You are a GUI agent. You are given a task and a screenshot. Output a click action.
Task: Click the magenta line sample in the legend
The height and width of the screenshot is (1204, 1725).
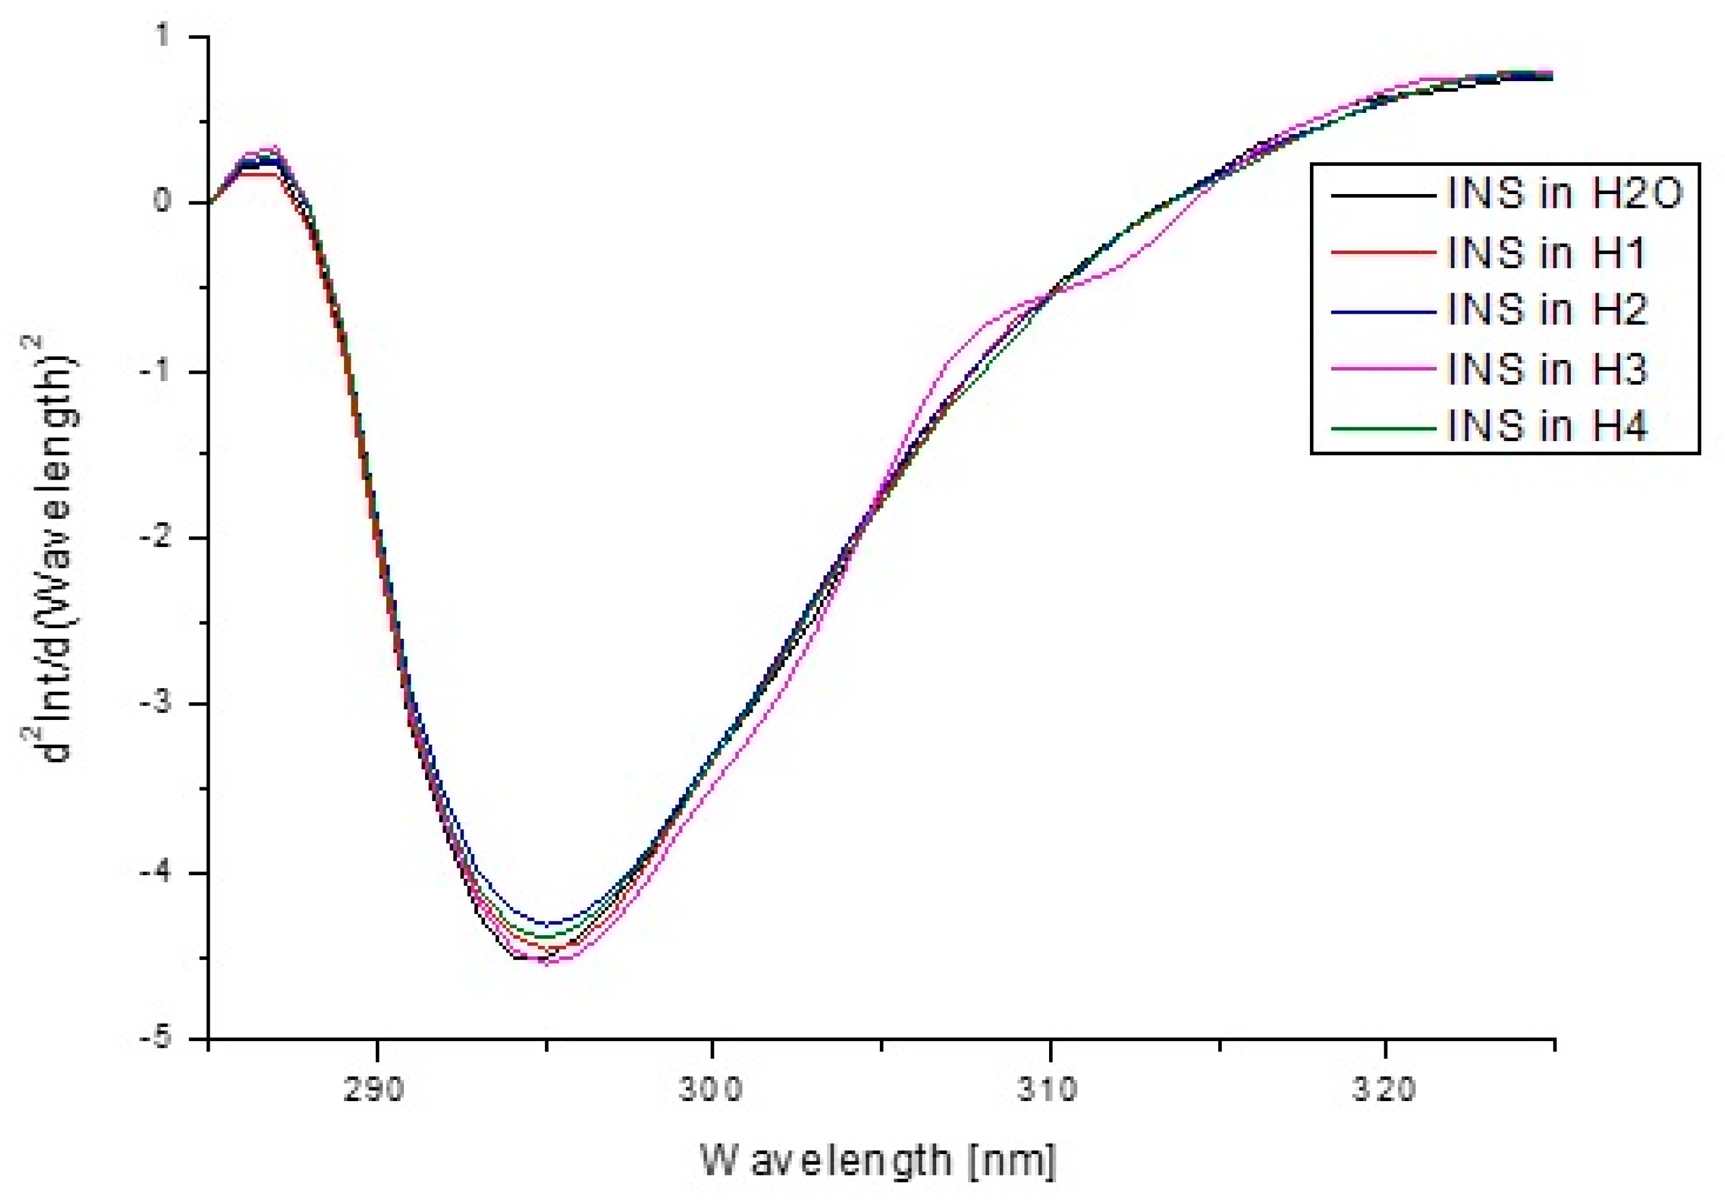[1383, 368]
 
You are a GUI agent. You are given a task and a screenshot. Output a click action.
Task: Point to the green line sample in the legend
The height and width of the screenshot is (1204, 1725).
[1383, 427]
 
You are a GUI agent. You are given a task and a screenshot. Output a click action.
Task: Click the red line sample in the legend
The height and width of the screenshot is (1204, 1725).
[1383, 253]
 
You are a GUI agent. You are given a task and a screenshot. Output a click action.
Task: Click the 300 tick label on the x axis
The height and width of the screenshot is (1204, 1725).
[711, 1090]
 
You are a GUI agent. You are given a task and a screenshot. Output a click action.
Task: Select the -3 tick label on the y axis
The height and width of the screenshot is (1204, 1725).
[154, 704]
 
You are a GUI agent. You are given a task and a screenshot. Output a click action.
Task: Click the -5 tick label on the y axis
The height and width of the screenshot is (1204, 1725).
[154, 1038]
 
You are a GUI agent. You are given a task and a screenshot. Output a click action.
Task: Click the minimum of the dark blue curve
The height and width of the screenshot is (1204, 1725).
[549, 923]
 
